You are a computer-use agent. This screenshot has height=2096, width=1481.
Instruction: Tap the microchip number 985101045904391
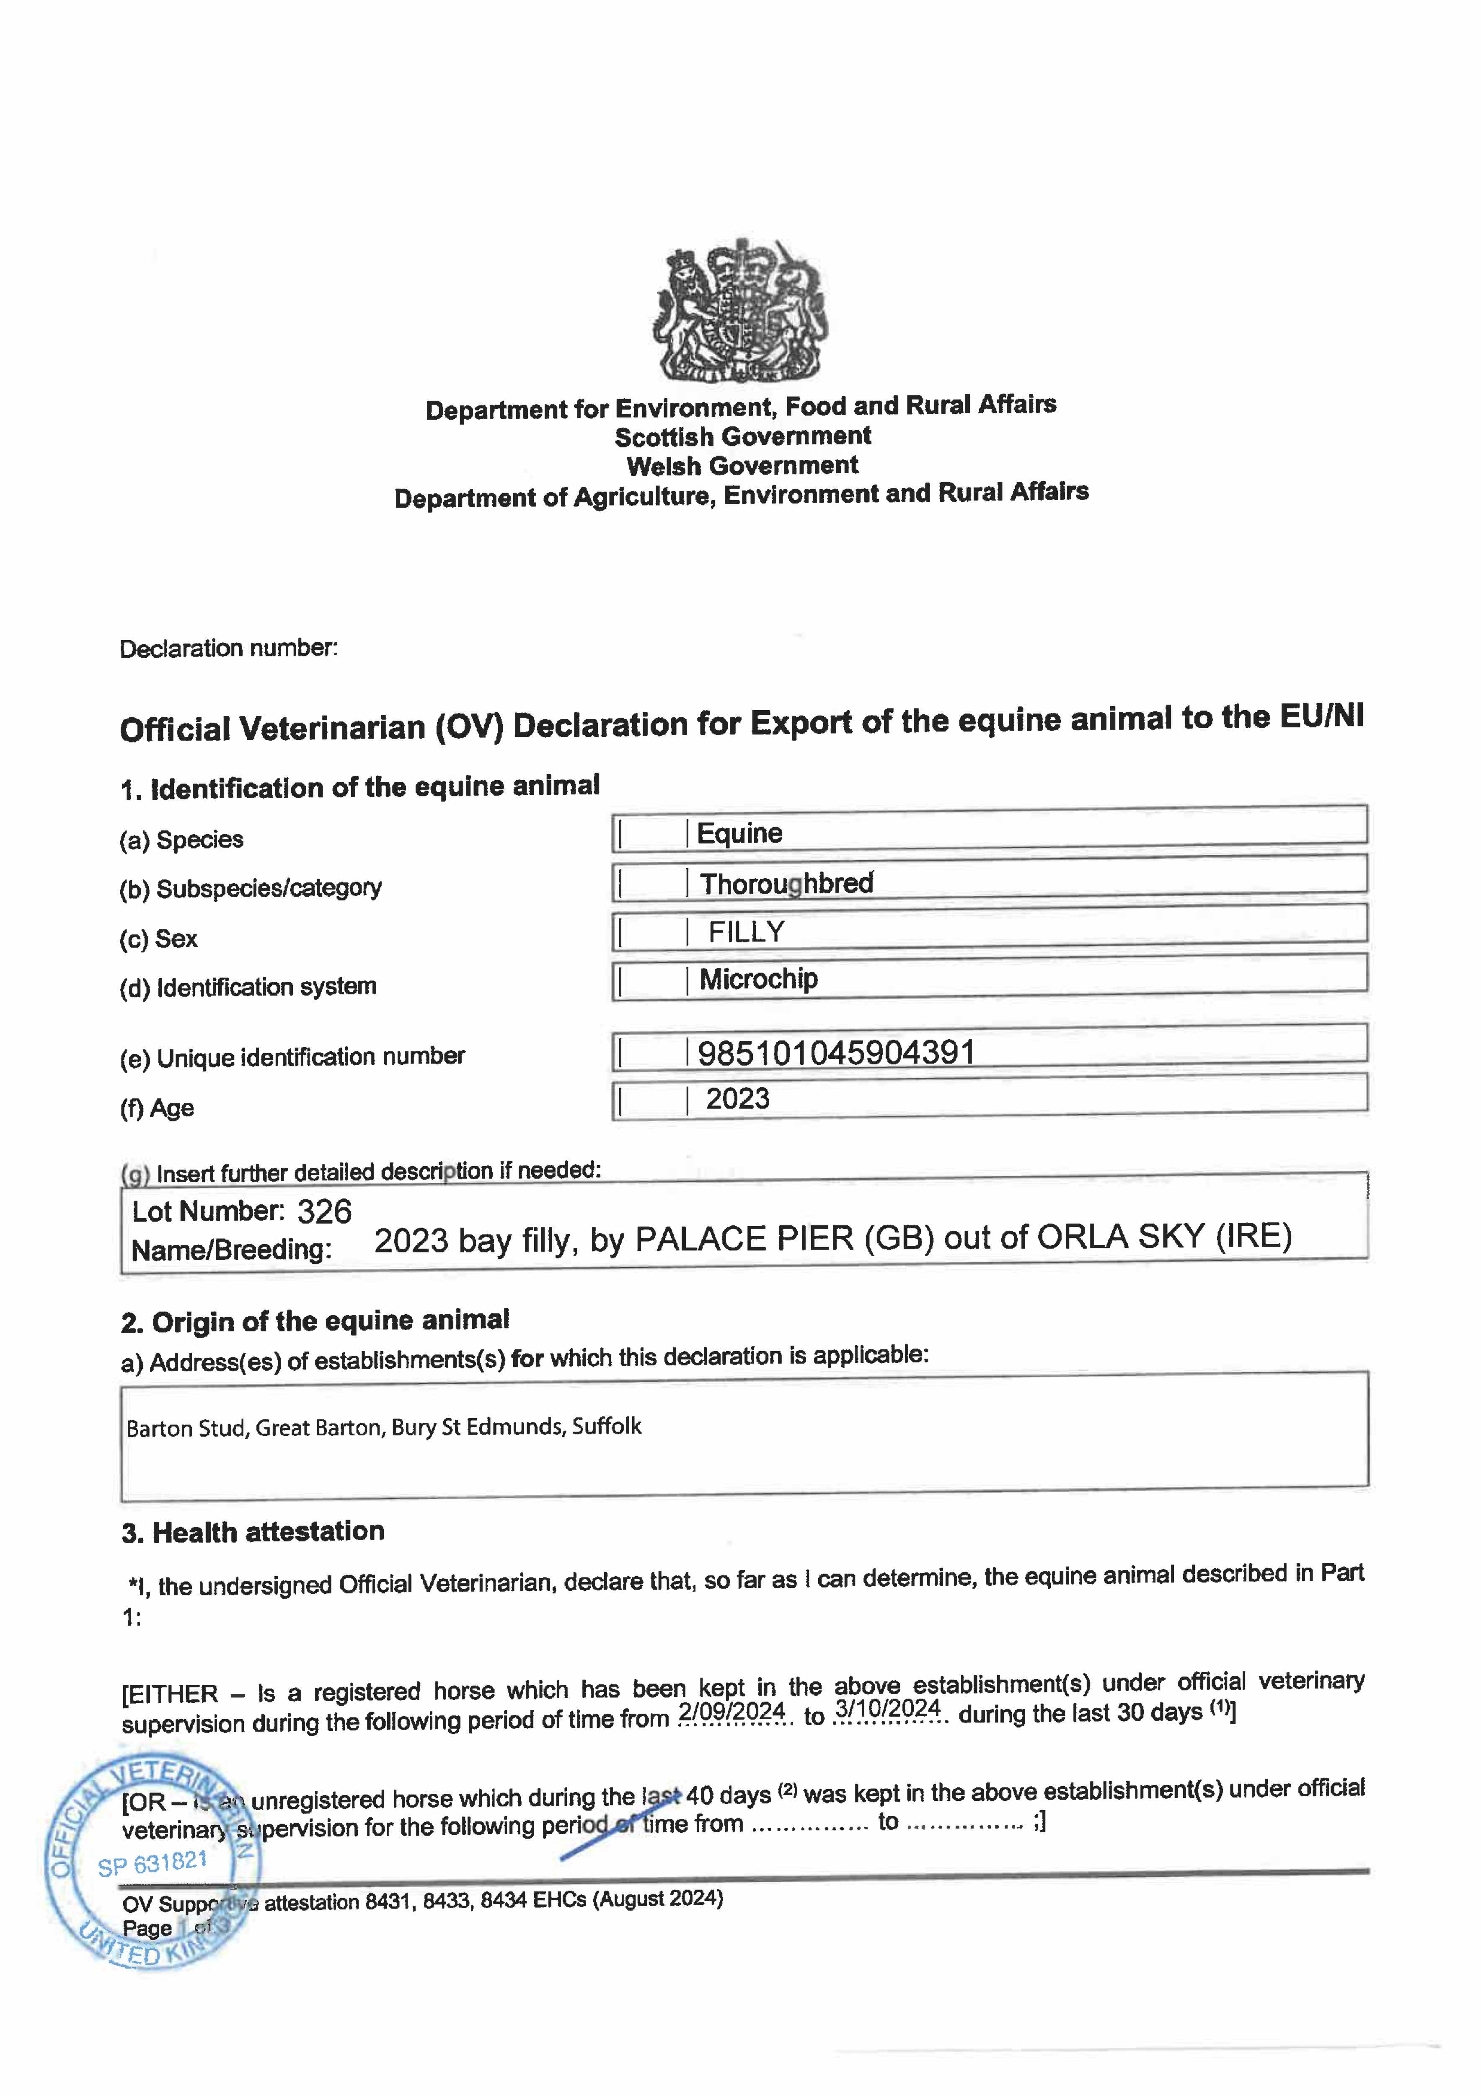click(836, 1053)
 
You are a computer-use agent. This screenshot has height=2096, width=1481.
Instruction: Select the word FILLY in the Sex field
click(747, 932)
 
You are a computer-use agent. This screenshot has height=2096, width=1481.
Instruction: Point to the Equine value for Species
click(739, 833)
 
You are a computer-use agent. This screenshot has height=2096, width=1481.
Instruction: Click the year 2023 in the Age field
click(737, 1098)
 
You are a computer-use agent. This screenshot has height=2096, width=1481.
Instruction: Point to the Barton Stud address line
click(383, 1427)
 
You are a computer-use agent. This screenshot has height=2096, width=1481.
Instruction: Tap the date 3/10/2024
click(887, 1709)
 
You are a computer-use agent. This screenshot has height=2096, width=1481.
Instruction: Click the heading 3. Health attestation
click(253, 1532)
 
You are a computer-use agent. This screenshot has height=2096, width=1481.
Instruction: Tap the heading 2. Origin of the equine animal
click(315, 1321)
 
